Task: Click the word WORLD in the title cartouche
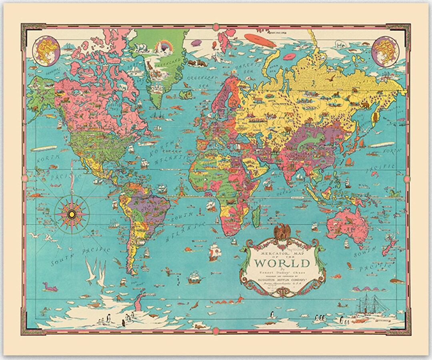click(282, 263)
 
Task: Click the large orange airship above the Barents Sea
click(257, 38)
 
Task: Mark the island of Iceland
click(186, 94)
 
